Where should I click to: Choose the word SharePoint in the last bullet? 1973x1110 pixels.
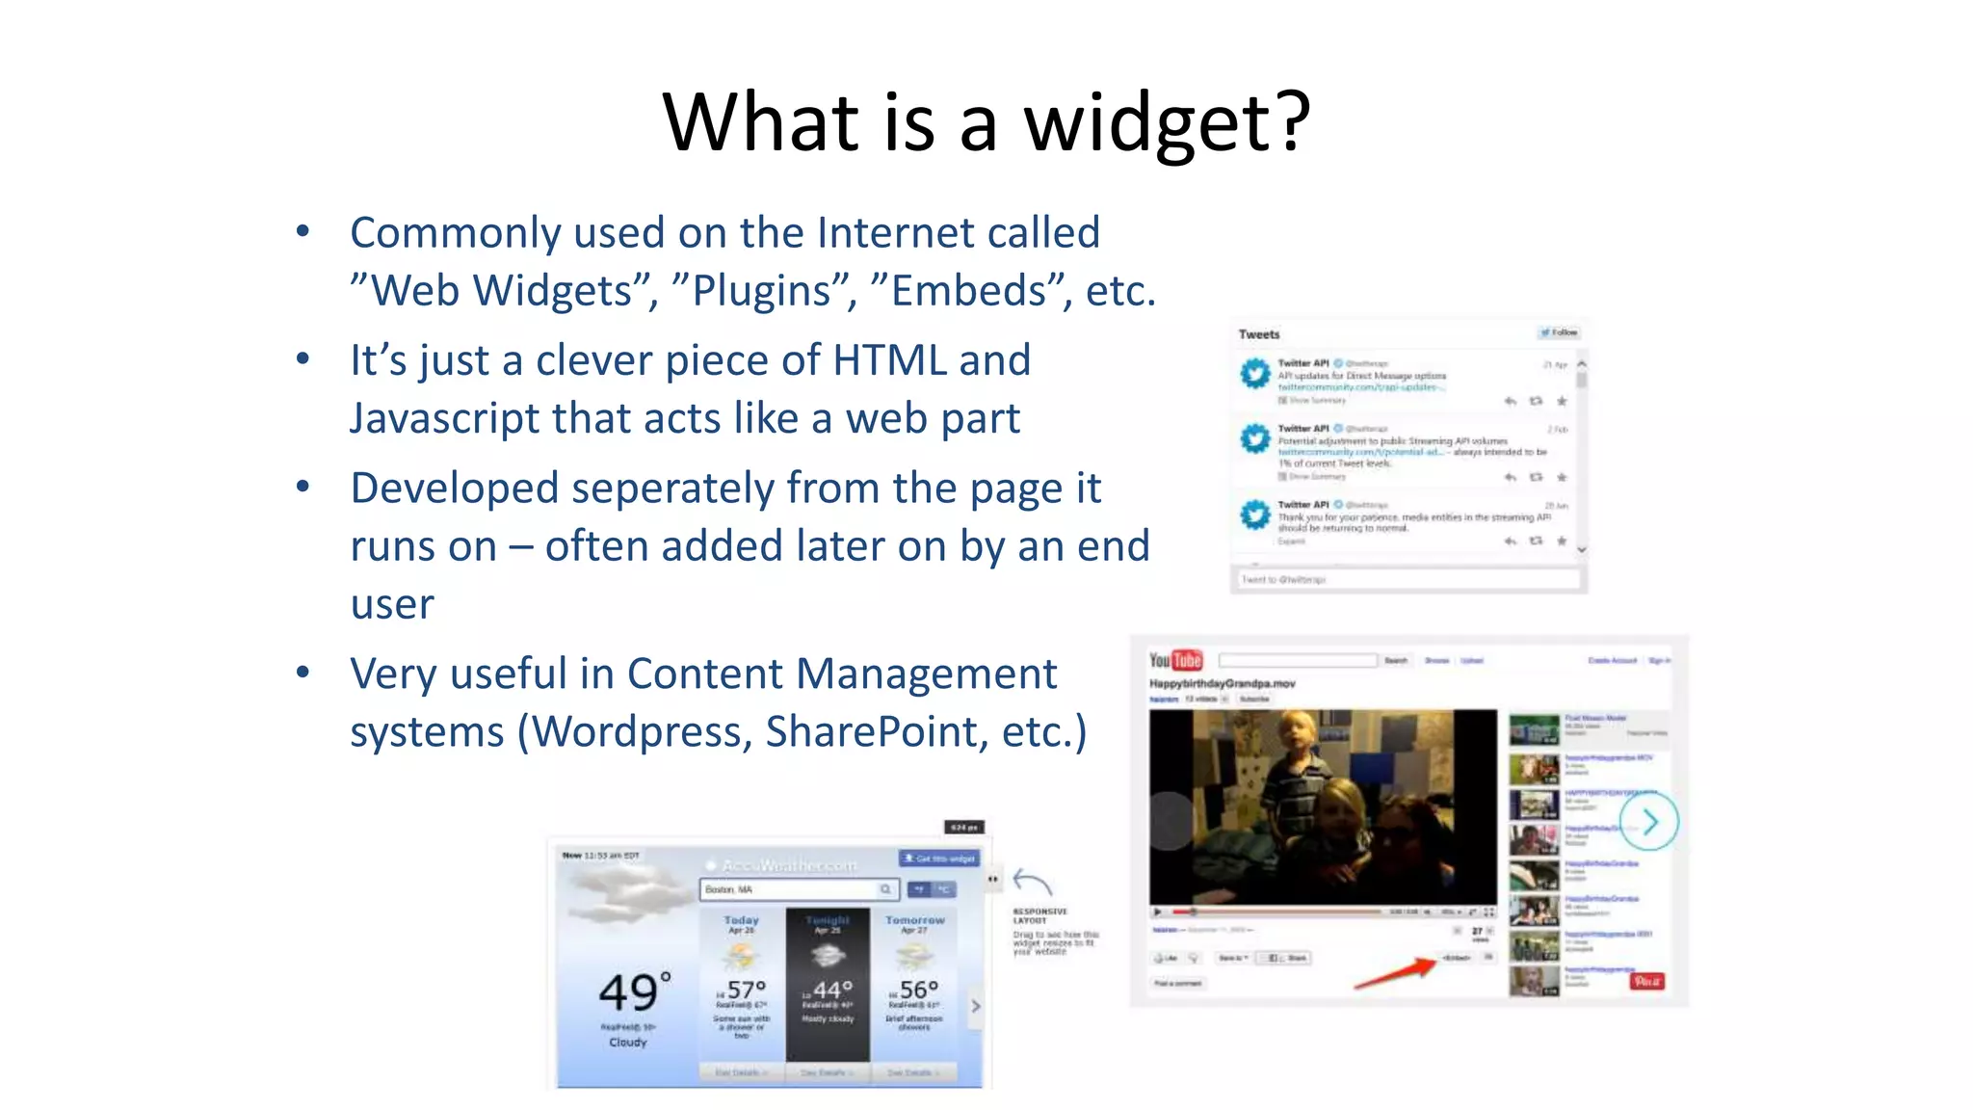877,731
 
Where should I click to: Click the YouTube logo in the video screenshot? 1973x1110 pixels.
1175,660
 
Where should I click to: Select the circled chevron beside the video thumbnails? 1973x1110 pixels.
1649,822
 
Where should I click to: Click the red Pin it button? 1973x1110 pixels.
1646,981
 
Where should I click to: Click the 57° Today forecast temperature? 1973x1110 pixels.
746,990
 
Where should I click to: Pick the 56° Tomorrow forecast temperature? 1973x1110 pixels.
918,990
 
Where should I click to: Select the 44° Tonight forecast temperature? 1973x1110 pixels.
832,990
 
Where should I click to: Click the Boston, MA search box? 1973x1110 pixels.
799,889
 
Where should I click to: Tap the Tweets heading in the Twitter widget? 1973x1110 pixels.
1259,334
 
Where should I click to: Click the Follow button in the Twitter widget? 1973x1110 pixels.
1559,332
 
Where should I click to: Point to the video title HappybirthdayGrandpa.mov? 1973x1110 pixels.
1222,683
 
